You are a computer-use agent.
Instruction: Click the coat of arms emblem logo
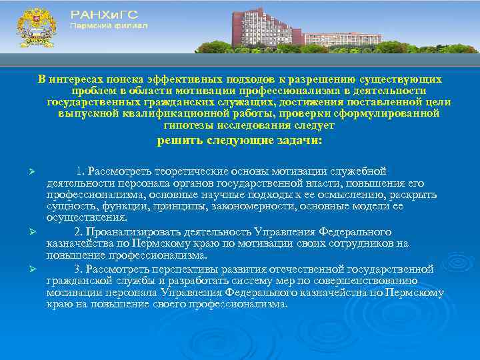tap(35, 27)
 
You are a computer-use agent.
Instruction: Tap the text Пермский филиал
tap(109, 25)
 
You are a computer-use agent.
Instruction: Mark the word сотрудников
tap(343, 243)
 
